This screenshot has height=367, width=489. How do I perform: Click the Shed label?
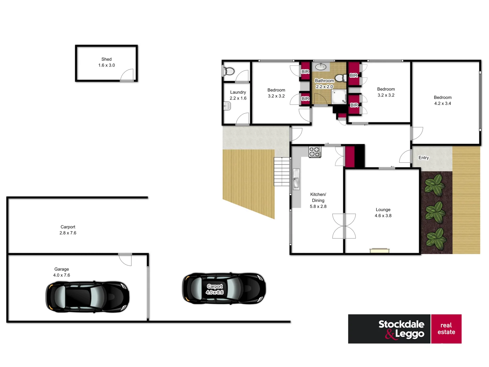click(106, 59)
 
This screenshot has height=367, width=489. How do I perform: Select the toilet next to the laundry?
click(229, 71)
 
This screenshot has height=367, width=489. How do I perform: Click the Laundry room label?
click(238, 92)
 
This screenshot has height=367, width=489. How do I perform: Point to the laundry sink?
click(227, 106)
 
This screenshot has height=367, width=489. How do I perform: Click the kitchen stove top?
click(314, 152)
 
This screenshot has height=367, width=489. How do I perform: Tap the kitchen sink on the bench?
click(296, 179)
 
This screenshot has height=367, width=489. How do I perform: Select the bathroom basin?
click(321, 66)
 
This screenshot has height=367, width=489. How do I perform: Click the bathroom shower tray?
click(339, 97)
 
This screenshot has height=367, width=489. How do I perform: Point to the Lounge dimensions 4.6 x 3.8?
click(383, 216)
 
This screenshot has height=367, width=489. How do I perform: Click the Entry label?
click(423, 158)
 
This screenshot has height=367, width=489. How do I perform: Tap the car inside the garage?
click(87, 297)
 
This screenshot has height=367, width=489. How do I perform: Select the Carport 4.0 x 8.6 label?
click(215, 289)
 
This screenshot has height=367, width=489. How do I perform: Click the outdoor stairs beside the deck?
click(282, 172)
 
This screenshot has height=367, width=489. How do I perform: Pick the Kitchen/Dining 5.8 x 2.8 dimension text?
click(318, 207)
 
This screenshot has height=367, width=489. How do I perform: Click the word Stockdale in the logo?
click(401, 324)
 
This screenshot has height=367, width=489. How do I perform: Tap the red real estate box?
click(446, 329)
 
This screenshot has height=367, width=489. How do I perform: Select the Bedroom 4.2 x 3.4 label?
click(442, 100)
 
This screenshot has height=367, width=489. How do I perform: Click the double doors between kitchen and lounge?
click(344, 226)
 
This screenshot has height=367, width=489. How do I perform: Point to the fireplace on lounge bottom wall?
click(379, 251)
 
